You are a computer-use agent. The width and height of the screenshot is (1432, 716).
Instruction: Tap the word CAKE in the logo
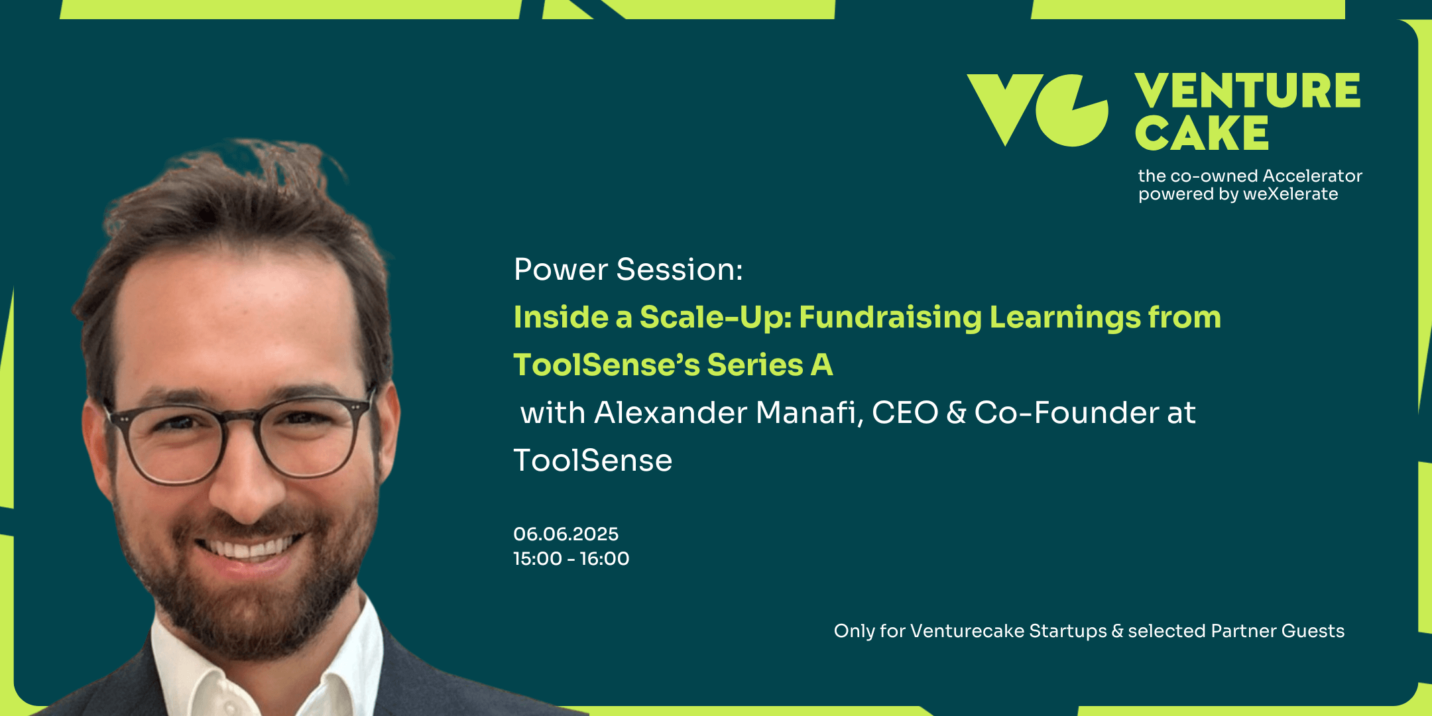(x=1202, y=133)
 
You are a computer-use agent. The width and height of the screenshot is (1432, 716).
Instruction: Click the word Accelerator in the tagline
(x=1312, y=176)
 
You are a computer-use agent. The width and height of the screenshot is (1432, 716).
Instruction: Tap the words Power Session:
(x=628, y=270)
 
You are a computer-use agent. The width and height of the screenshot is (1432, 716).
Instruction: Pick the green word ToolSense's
(x=607, y=365)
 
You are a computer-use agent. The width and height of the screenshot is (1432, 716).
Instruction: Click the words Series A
(x=770, y=365)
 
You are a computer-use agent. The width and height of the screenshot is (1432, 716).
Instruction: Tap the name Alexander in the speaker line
(x=671, y=412)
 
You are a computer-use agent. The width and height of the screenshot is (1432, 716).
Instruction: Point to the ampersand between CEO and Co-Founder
(x=956, y=412)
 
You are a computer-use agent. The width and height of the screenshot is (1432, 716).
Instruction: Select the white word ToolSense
(x=593, y=460)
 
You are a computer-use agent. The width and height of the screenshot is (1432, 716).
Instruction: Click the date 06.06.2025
(x=566, y=534)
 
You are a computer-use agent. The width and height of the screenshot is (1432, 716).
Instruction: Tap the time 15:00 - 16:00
(x=571, y=558)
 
